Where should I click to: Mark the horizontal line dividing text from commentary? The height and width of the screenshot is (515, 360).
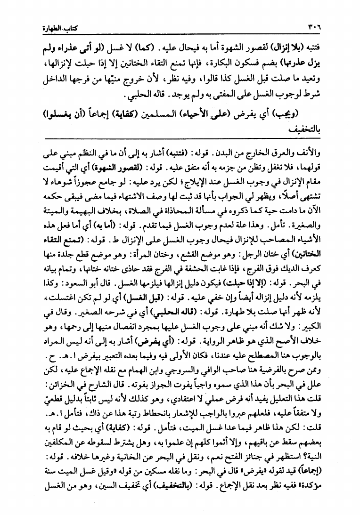pos(180,138)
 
